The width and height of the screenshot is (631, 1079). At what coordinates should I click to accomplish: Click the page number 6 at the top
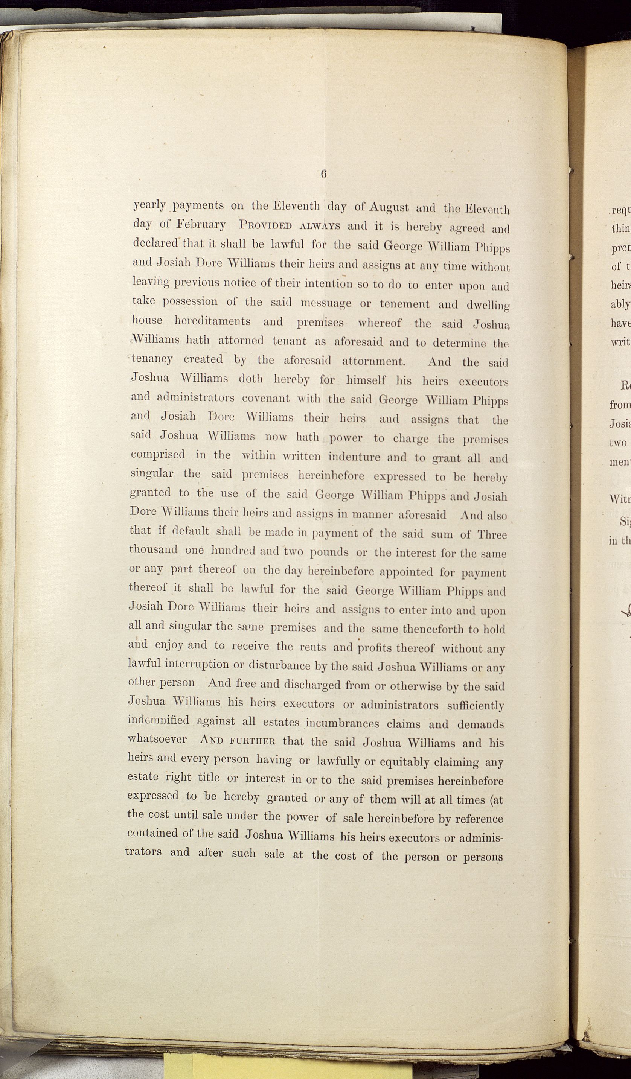323,174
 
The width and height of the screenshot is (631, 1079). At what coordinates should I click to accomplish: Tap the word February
201,225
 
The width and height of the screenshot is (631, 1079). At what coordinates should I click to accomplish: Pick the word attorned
241,341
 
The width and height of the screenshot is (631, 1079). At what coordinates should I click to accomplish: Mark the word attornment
373,361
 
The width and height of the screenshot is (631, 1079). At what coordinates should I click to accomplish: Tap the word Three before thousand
492,535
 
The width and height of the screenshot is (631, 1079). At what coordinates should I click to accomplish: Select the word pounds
329,552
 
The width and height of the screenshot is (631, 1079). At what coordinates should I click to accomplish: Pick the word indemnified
158,720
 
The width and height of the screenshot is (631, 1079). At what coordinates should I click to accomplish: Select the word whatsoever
157,739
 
